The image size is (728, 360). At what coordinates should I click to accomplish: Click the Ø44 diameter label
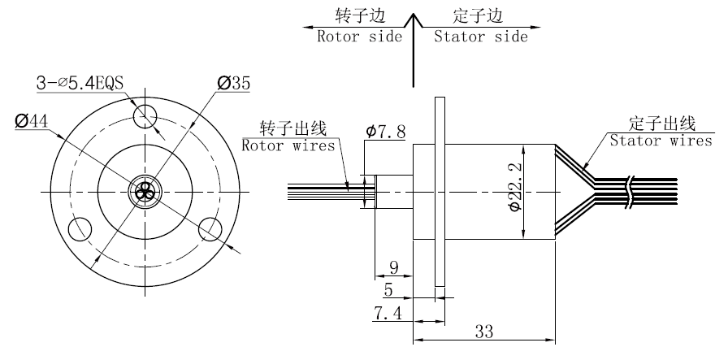32,120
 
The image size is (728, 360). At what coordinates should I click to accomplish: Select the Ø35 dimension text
233,83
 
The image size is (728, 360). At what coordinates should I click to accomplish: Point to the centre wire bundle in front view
145,191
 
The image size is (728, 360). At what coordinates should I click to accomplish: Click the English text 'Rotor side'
360,36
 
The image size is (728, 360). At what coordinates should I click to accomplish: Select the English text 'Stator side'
480,36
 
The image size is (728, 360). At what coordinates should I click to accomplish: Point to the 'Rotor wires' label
288,146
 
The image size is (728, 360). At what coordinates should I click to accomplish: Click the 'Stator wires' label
660,141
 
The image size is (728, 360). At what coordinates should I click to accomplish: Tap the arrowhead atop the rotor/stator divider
415,18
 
